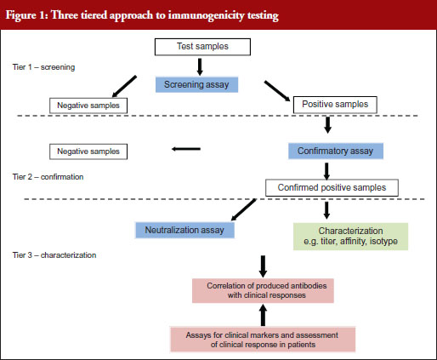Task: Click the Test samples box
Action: tap(202, 47)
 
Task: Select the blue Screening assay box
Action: tap(196, 84)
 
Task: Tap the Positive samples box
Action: tap(335, 105)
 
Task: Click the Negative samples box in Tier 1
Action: tap(88, 106)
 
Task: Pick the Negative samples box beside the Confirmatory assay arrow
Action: tap(88, 151)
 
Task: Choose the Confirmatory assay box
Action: tap(336, 151)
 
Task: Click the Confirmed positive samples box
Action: tap(332, 187)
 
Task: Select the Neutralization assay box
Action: tap(184, 230)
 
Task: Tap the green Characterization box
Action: tap(351, 237)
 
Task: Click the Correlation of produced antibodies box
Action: tap(263, 290)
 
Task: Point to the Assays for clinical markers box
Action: tap(263, 340)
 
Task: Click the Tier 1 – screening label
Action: tap(44, 67)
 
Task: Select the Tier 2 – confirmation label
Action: tap(48, 177)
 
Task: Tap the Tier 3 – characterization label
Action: tap(54, 255)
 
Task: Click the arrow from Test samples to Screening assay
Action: tap(200, 67)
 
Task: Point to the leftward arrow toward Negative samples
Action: tap(186, 149)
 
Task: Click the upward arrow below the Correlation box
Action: tap(263, 315)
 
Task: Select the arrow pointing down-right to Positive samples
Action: tap(277, 91)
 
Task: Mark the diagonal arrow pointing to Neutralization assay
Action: tap(244, 209)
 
